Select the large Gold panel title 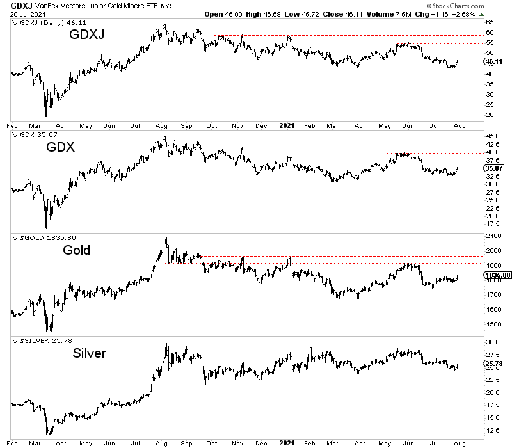point(77,250)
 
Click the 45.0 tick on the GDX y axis point(492,136)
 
